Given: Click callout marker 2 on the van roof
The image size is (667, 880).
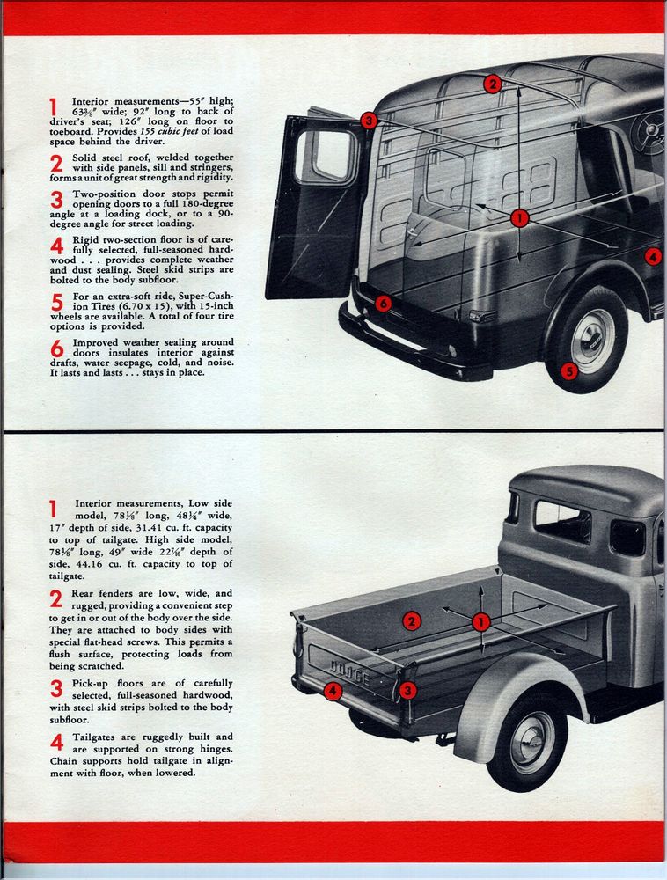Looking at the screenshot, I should (x=492, y=84).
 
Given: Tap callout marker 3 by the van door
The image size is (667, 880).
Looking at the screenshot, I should (x=368, y=120).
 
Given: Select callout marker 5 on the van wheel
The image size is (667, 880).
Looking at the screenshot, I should (x=568, y=371).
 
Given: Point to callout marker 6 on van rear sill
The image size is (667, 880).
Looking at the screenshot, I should (x=382, y=304).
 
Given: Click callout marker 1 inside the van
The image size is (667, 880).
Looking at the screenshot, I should (x=519, y=217).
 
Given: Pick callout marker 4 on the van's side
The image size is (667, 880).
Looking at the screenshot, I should (x=652, y=256).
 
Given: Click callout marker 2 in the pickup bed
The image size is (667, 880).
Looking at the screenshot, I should (x=411, y=621).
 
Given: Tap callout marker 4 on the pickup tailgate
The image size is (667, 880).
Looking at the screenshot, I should (x=332, y=691).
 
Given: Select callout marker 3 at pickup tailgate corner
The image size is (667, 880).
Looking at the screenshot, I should (x=407, y=691).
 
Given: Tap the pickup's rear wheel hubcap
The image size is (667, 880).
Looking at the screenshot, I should (x=531, y=742).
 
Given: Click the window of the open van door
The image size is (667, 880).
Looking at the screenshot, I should (x=325, y=156).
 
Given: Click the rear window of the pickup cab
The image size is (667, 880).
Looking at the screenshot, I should (x=561, y=521).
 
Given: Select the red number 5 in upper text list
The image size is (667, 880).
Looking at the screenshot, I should (x=56, y=304).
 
